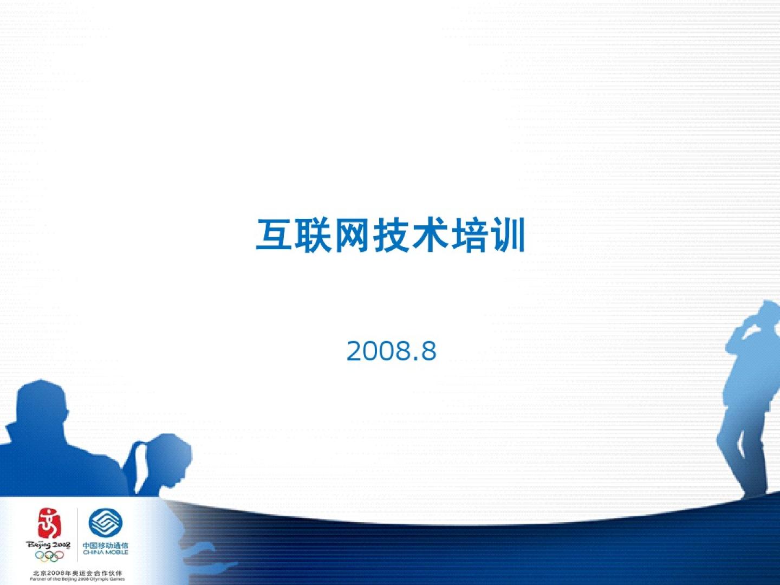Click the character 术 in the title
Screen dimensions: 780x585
point(429,235)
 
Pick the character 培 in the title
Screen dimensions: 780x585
point(468,235)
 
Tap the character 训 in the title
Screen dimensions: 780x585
point(506,235)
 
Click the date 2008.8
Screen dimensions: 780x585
point(391,351)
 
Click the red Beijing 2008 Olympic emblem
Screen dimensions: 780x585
point(49,523)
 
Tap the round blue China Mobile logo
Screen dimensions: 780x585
point(105,523)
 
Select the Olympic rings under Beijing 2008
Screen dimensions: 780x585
point(49,556)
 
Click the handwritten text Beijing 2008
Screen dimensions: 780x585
point(48,545)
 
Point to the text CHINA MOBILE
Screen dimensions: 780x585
point(105,552)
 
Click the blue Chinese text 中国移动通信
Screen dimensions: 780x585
point(105,545)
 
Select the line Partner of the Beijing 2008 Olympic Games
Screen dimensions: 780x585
point(77,579)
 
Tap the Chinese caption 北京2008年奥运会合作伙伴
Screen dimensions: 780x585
point(77,573)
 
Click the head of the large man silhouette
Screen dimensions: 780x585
point(42,401)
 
